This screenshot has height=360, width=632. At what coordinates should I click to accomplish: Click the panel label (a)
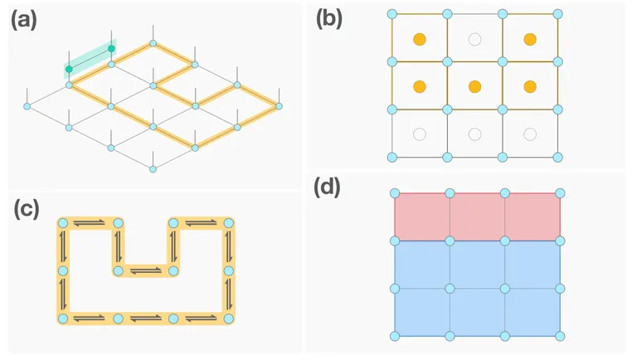24,20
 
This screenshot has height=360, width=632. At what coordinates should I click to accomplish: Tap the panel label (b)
330,20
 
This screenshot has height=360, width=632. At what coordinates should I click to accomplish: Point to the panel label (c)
24,210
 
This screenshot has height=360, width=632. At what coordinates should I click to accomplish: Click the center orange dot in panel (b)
474,86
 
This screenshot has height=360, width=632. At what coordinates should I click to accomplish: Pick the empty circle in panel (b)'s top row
474,39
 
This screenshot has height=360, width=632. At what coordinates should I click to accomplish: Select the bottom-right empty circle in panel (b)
529,134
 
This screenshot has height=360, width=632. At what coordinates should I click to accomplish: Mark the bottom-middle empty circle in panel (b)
474,134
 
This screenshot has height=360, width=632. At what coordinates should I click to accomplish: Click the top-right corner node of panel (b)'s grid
557,15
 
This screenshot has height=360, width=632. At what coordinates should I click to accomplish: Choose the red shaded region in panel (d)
477,216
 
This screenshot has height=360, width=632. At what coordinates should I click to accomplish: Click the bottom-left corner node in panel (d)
394,336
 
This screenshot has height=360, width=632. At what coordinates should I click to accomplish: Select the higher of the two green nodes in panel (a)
111,49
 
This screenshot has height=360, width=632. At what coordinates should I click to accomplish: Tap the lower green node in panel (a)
69,69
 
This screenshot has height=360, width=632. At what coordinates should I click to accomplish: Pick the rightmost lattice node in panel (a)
279,106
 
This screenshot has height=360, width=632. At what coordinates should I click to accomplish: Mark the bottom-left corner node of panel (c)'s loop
62,319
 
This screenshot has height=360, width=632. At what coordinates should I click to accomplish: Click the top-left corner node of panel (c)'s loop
62,223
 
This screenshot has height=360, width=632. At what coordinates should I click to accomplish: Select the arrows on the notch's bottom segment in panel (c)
145,271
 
